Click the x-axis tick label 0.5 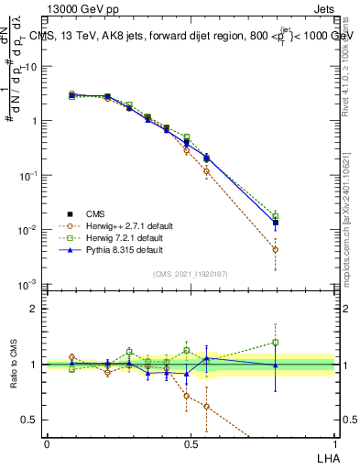190,443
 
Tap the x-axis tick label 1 333,443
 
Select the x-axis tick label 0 47,443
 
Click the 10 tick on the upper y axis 30,67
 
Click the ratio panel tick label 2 35,309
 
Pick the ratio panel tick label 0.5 31,420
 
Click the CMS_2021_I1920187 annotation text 190,273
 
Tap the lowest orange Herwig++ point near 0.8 276,249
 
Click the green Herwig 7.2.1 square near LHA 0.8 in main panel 276,216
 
